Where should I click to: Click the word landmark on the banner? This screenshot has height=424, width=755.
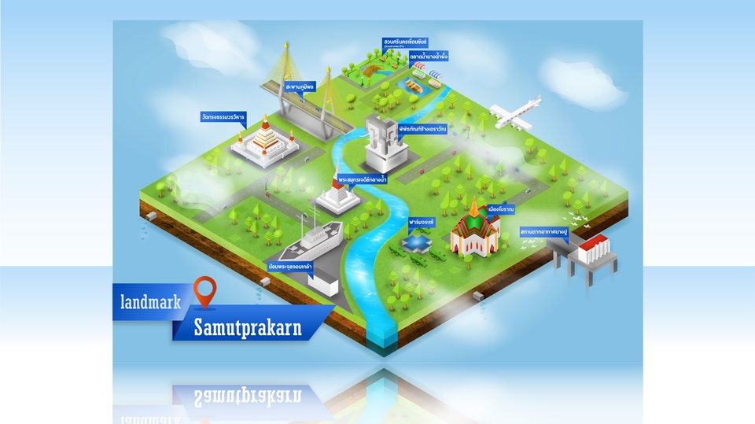click(152, 300)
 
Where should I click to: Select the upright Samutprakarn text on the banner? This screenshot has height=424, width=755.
click(248, 328)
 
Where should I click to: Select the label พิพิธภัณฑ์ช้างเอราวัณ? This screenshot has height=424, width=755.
click(422, 128)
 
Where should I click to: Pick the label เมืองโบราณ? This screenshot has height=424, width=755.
click(501, 209)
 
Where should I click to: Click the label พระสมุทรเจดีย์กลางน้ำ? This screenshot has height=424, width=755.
click(363, 180)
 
